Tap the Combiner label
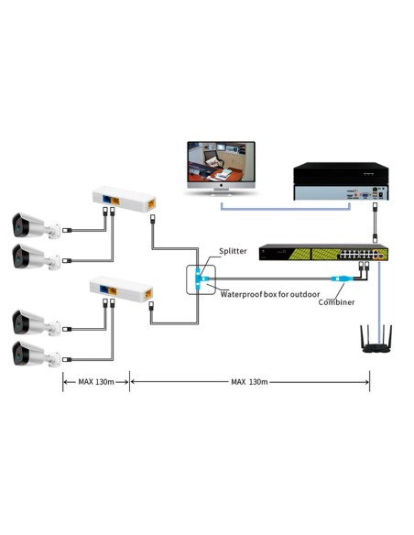coord(336,301)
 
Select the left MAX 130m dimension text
coord(95,381)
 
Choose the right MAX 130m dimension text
coord(249,381)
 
